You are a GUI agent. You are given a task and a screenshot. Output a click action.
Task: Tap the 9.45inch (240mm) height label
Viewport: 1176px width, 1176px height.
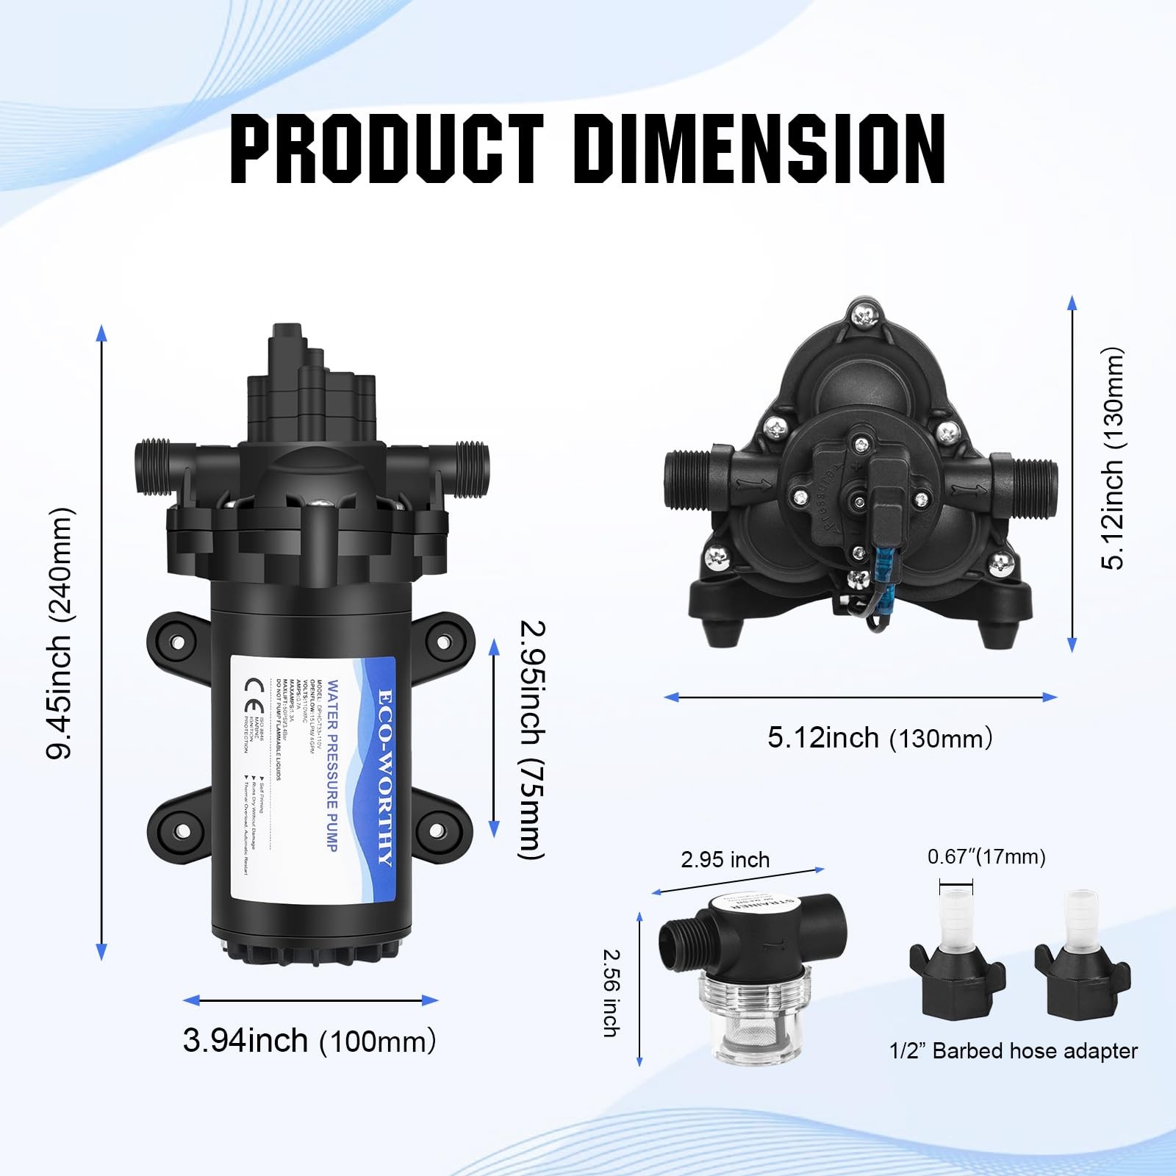pyautogui.click(x=60, y=634)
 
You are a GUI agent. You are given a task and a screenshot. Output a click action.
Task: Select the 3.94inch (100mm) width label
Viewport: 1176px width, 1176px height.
pyautogui.click(x=309, y=1041)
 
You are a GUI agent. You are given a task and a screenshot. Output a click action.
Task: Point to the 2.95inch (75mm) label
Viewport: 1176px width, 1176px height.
pyautogui.click(x=532, y=739)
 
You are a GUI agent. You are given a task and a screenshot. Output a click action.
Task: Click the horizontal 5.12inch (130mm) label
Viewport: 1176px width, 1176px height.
pyautogui.click(x=880, y=738)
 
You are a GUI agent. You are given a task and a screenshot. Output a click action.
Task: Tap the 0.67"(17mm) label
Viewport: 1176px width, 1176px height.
pyautogui.click(x=986, y=857)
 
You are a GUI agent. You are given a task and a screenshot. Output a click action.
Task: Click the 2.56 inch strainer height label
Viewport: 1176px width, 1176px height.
pyautogui.click(x=612, y=993)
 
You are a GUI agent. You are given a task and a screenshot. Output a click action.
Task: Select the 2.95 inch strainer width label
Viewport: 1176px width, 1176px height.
pyautogui.click(x=725, y=860)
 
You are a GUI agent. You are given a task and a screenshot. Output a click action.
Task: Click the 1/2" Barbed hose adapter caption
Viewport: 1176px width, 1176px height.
pyautogui.click(x=1013, y=1051)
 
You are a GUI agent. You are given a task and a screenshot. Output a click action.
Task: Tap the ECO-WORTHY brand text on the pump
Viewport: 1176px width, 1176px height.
pyautogui.click(x=385, y=777)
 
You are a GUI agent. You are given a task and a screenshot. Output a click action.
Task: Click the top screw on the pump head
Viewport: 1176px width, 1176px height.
pyautogui.click(x=864, y=316)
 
